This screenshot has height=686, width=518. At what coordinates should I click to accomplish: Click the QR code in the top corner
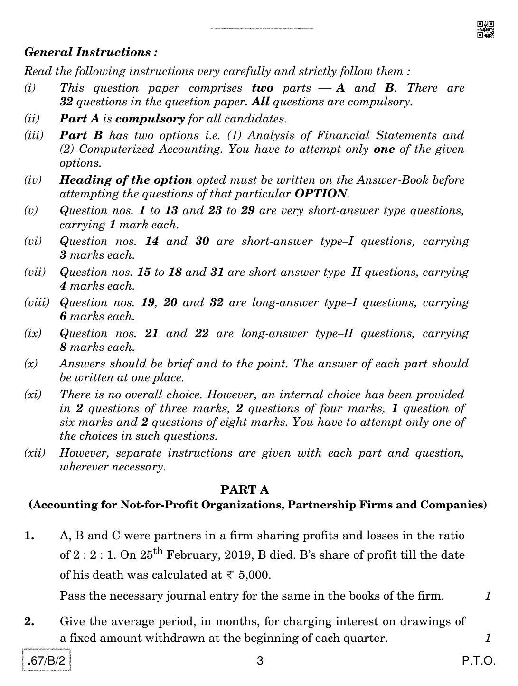pos(485,29)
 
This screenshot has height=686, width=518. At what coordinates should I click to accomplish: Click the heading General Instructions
pos(91,52)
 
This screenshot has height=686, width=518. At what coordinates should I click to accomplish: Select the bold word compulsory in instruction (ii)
pos(150,119)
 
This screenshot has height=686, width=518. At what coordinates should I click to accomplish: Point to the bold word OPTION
pos(321,194)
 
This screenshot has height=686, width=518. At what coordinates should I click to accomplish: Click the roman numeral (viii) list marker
pos(37,303)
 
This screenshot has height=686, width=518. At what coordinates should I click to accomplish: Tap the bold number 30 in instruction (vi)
pos(202,241)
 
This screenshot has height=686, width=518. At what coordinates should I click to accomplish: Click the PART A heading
pos(245,490)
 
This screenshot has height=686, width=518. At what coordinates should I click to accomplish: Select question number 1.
pos(29,536)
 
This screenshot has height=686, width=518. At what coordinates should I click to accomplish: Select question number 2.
pos(29,621)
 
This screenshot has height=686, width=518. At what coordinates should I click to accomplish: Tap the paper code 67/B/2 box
pos(47,660)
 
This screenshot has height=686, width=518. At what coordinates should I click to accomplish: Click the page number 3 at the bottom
pos(260,661)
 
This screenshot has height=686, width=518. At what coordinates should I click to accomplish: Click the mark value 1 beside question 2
pos(488,638)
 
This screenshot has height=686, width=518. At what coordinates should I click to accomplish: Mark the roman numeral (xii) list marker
pos(35,453)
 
